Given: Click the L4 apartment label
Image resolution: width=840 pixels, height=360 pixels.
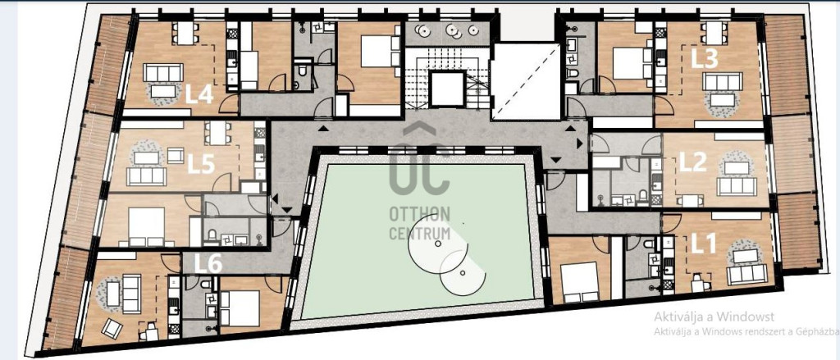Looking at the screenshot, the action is click(199, 95).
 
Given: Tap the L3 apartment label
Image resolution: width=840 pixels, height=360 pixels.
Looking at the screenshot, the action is click(704, 58).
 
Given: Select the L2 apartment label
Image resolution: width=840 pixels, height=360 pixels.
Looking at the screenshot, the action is click(692, 162).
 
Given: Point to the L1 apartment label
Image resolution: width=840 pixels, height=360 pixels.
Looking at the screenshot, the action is click(703, 244).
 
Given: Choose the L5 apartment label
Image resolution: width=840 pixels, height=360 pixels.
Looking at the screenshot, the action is click(201, 165).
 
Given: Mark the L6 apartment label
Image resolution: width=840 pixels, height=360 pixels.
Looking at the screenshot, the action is click(208, 263).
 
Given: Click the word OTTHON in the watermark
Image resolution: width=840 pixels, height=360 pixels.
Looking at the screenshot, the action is click(419, 215).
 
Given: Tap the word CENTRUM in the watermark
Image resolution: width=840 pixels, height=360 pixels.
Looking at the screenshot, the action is click(419, 234).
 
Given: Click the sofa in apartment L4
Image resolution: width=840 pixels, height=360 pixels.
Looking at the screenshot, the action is click(163, 72).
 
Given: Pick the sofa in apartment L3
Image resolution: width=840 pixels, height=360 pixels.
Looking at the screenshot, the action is click(723, 81).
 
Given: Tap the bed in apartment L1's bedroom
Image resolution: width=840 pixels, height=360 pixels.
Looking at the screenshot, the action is click(579, 282).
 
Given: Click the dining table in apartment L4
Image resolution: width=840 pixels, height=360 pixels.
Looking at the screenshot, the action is click(185, 34).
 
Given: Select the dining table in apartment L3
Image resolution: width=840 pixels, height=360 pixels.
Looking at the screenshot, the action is click(713, 34).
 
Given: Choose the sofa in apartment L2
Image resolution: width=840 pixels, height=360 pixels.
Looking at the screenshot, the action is click(737, 186).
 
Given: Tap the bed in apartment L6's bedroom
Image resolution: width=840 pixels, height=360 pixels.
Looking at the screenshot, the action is click(240, 308).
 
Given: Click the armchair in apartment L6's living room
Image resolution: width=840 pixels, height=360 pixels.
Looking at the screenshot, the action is click(112, 328).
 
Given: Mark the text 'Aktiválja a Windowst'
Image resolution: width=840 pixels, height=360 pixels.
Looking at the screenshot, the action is click(714, 317).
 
